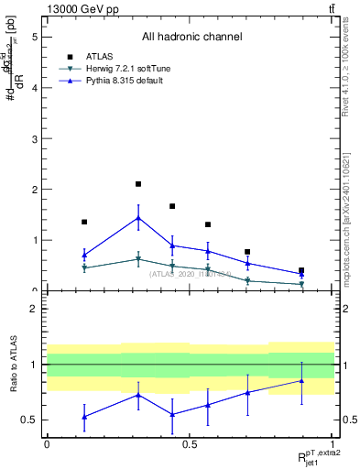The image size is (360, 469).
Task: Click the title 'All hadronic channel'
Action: click(191, 38)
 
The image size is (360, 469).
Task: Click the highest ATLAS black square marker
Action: click(138, 184)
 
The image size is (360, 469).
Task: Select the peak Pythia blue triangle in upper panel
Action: click(138, 218)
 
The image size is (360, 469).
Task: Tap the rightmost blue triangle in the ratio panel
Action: click(301, 380)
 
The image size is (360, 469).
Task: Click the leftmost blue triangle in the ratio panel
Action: click(84, 417)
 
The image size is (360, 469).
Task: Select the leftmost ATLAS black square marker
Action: click(84, 222)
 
